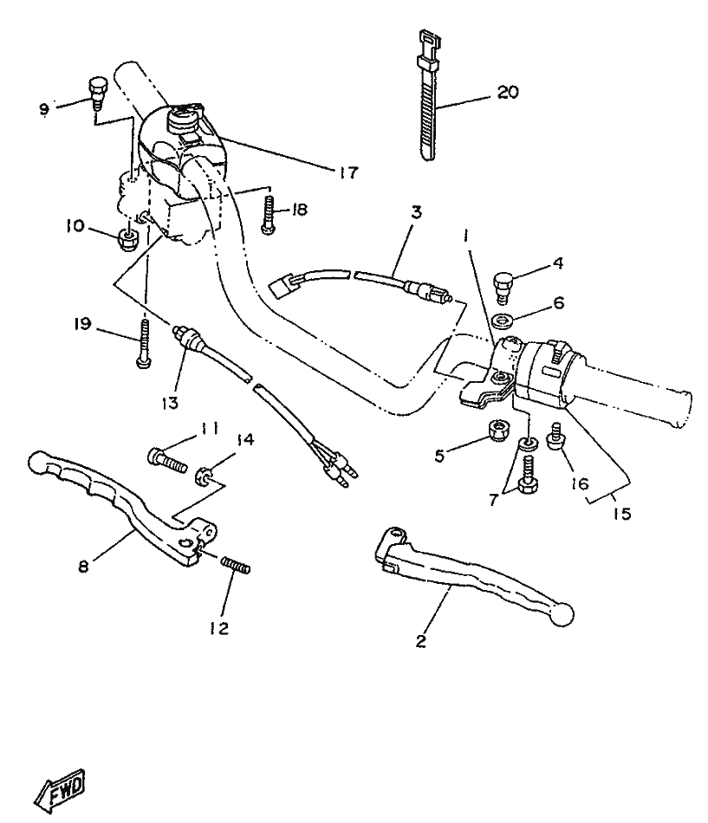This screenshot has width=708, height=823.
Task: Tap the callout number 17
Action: (x=348, y=173)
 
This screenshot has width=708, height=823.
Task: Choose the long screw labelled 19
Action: (x=143, y=344)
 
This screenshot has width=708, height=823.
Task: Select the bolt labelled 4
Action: (x=502, y=283)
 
